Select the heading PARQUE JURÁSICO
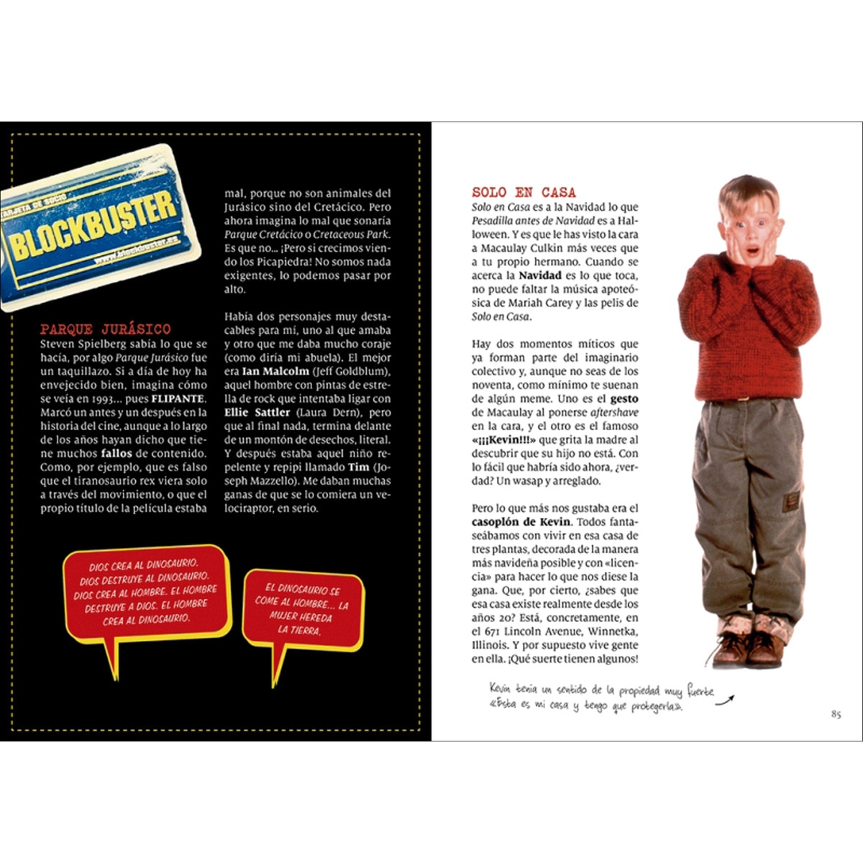pos(105,329)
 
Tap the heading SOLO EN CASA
pos(524,193)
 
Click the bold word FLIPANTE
pos(179,398)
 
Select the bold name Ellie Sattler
pos(257,412)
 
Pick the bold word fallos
pos(117,453)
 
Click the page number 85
pos(836,714)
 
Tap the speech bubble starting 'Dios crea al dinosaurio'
pos(146,593)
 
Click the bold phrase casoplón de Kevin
pos(521,522)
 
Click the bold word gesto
pos(624,398)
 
